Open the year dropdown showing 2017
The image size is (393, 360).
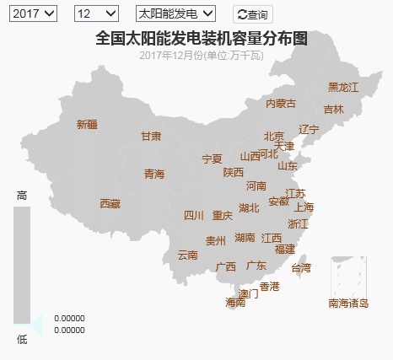point(34,13)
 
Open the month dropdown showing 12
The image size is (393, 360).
point(96,13)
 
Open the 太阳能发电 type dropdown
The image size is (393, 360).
point(175,13)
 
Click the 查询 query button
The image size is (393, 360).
point(253,14)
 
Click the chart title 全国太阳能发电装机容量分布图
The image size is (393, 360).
point(201,38)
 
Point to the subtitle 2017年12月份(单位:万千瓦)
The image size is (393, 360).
point(202,55)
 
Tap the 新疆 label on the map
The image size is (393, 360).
point(87,124)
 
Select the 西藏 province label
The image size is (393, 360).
point(110,203)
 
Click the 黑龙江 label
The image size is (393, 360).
point(343,87)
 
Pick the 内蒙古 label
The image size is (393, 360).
point(281,103)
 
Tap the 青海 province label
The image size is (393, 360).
point(154,174)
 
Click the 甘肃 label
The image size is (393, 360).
point(151,136)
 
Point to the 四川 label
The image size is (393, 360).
point(194,215)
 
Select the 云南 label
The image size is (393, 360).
point(187,255)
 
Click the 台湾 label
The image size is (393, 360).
point(301,268)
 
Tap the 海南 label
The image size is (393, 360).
point(235,302)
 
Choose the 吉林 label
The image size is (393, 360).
point(333,109)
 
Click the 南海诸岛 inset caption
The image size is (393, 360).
point(348,303)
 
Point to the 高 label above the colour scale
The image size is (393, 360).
point(22,196)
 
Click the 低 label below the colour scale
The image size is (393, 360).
point(22,339)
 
